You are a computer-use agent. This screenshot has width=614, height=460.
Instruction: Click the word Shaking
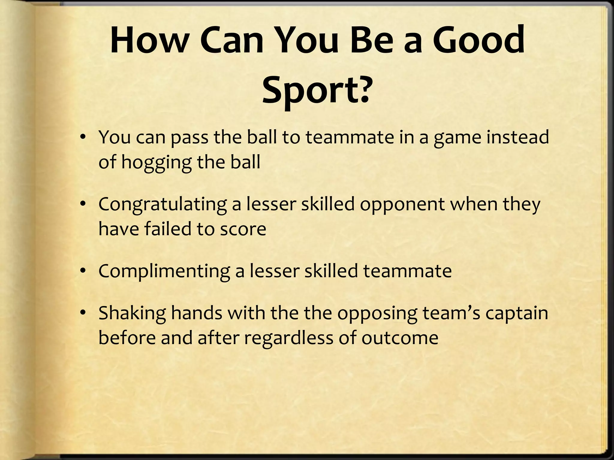pyautogui.click(x=132, y=313)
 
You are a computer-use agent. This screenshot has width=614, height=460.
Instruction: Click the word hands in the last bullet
pyautogui.click(x=197, y=313)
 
